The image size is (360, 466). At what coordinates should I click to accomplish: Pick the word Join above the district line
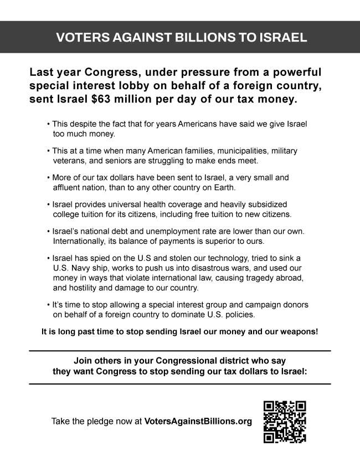coord(84,360)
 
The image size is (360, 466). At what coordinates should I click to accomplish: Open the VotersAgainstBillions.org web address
coord(198,421)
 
